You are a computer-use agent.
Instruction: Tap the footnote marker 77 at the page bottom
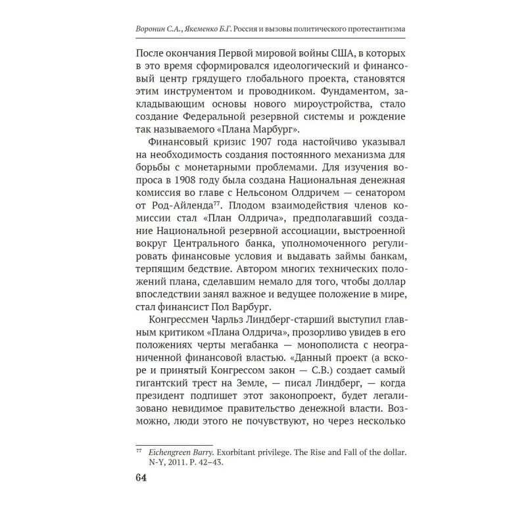(x=139, y=451)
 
